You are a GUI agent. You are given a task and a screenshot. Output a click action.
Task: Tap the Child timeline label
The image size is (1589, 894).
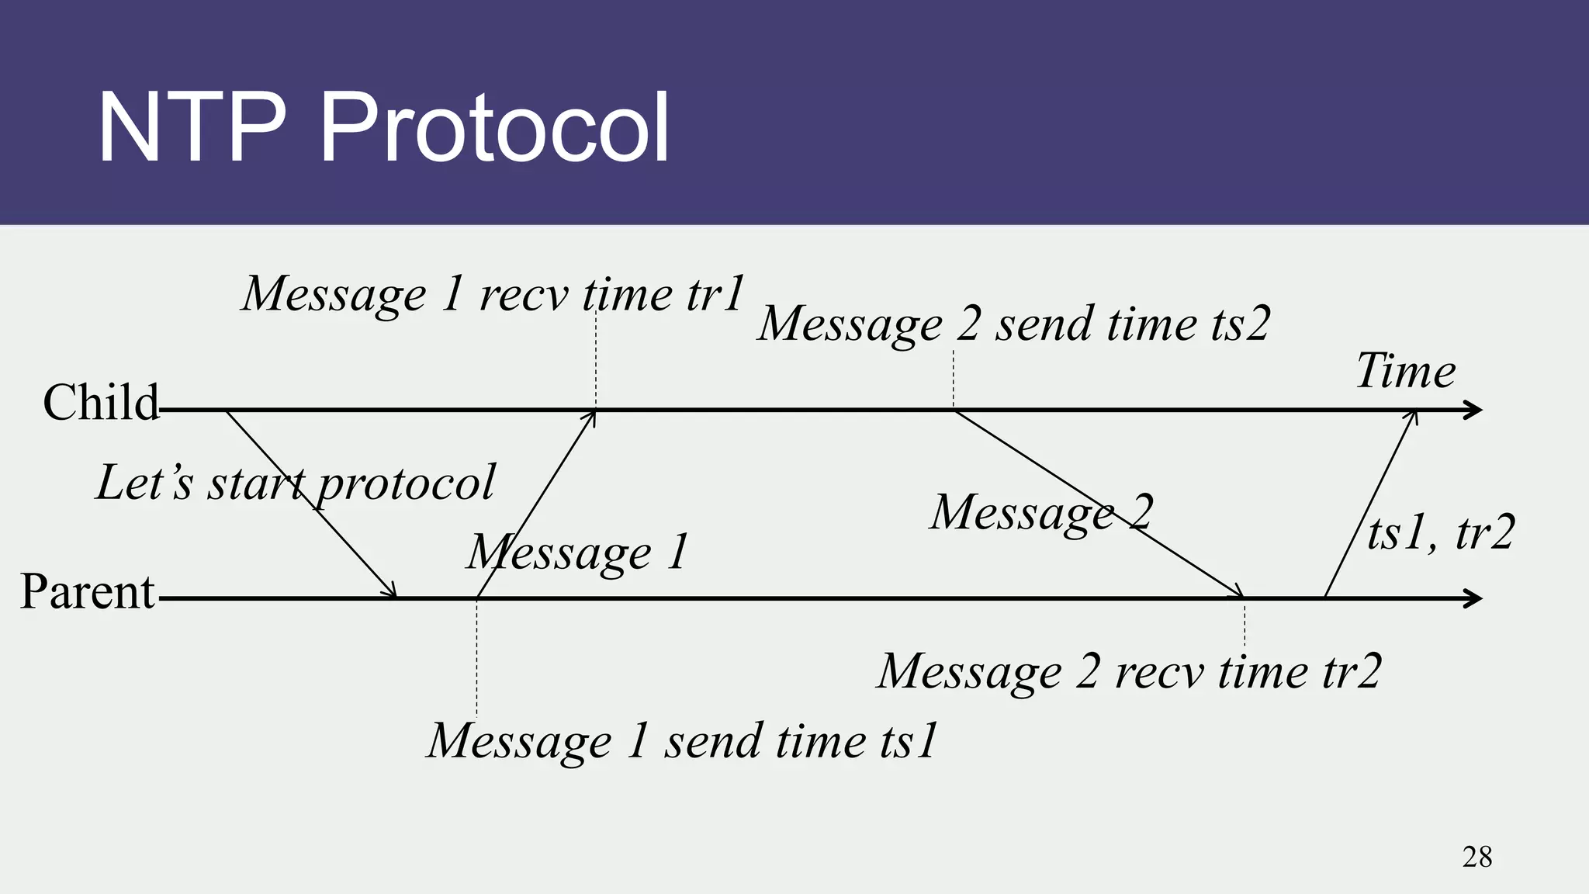101,403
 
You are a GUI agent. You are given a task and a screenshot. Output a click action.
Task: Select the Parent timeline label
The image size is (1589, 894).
87,591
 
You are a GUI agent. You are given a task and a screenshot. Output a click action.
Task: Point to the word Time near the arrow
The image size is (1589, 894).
1405,371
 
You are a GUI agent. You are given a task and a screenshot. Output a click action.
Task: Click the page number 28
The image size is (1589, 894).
1476,858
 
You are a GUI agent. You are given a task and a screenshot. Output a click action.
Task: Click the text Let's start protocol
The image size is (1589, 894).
295,483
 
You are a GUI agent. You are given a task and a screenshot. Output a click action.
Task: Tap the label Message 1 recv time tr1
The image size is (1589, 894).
493,294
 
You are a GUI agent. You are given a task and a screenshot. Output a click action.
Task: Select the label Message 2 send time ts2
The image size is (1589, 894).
1013,324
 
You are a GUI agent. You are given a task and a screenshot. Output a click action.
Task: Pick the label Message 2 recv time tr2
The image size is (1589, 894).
1129,671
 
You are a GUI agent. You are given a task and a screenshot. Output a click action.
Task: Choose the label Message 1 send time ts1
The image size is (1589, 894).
683,741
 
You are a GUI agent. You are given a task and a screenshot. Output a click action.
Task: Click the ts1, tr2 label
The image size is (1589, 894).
1440,533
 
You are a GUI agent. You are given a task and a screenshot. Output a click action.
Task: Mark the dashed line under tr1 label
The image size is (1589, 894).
596,361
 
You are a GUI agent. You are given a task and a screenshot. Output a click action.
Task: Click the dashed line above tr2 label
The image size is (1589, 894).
1245,625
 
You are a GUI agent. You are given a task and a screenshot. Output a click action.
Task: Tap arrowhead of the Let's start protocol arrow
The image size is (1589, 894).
392,593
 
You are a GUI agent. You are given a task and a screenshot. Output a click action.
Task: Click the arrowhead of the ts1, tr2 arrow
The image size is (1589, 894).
1414,416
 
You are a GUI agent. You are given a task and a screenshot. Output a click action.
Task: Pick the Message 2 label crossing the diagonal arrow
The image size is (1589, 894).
1041,513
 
